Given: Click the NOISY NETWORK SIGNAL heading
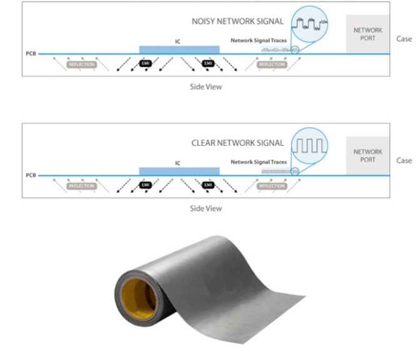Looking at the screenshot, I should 255,21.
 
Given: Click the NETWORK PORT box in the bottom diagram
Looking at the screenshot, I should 368,156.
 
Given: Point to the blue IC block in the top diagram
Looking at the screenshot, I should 179,49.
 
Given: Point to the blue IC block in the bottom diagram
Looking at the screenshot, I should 179,171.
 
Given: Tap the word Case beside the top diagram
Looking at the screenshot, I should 404,39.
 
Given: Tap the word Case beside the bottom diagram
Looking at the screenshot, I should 404,161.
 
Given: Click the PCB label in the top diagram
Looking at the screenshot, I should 30,54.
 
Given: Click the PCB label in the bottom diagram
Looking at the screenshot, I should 30,176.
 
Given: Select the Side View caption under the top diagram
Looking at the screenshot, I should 206,87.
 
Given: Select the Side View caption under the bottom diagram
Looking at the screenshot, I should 206,208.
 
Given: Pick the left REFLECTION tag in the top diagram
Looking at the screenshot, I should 81,64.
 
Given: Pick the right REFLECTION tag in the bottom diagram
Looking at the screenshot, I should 272,186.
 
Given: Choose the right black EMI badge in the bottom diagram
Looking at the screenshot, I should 208,186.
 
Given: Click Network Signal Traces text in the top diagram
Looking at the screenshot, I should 258,40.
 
